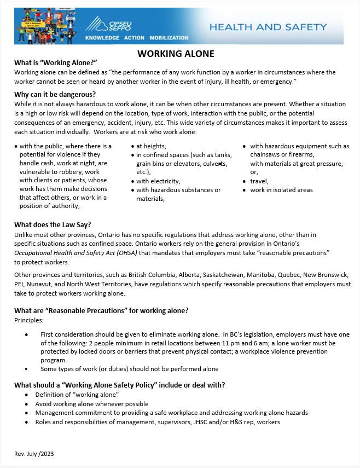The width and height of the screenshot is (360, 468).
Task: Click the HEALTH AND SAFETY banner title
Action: pyautogui.click(x=268, y=27)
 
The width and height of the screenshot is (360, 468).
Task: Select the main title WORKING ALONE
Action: pyautogui.click(x=176, y=54)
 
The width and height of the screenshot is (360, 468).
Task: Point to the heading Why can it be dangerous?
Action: pyautogui.click(x=55, y=94)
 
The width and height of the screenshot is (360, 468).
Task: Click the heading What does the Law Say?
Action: pyautogui.click(x=53, y=224)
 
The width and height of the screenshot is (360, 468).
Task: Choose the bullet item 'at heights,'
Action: pyautogui.click(x=151, y=146)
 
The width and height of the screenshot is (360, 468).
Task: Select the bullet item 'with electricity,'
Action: pyautogui.click(x=158, y=181)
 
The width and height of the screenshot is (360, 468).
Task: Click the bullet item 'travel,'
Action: pyautogui.click(x=259, y=181)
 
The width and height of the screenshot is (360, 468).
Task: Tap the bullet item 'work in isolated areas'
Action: pyautogui.click(x=281, y=190)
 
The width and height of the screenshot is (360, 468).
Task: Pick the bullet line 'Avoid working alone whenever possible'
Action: pyautogui.click(x=92, y=404)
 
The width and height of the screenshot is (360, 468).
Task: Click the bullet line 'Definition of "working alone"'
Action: pyautogui.click(x=77, y=395)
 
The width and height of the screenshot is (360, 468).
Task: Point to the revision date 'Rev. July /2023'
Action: pyautogui.click(x=34, y=454)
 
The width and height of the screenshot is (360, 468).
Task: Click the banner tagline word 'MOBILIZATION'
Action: pyautogui.click(x=169, y=38)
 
